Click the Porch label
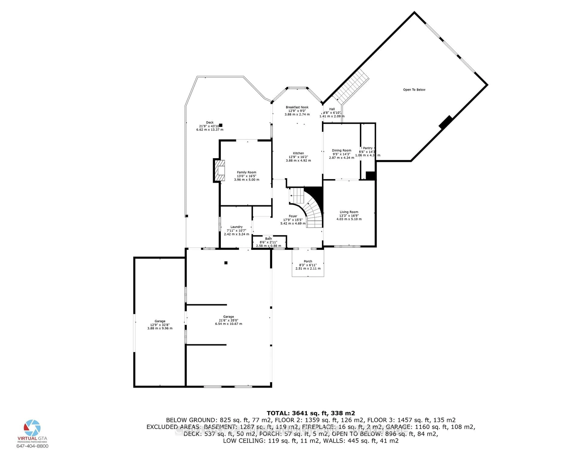pyautogui.click(x=308, y=261)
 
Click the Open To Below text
pyautogui.click(x=414, y=90)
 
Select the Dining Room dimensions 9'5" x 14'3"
pyautogui.click(x=341, y=154)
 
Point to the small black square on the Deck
pyautogui.click(x=221, y=125)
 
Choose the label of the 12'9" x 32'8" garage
pyautogui.click(x=160, y=321)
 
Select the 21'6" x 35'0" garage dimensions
pyautogui.click(x=228, y=320)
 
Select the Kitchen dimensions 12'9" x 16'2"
pyautogui.click(x=298, y=157)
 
